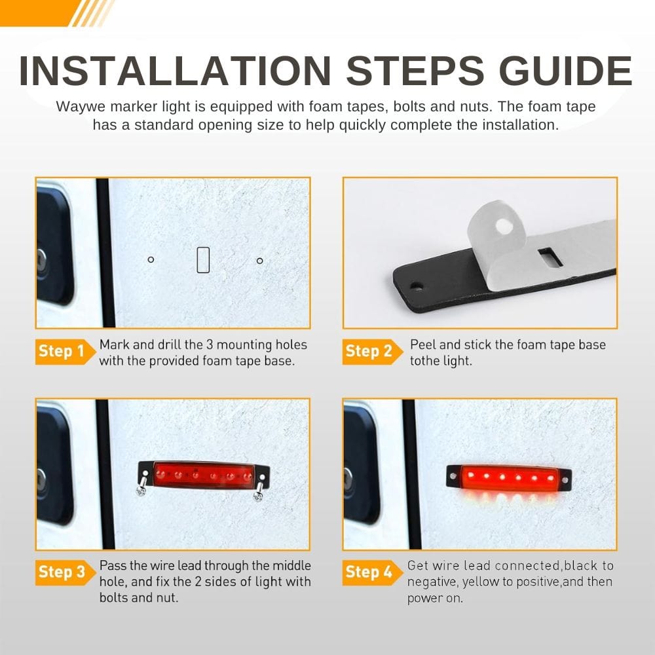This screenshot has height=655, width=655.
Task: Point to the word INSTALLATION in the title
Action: (x=176, y=71)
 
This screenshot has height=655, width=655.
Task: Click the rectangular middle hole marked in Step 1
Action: (x=203, y=260)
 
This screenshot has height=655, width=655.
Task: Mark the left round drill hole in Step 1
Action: (x=151, y=259)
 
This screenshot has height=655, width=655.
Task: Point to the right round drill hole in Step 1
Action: (x=260, y=261)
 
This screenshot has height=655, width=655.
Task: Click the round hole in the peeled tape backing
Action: (x=503, y=227)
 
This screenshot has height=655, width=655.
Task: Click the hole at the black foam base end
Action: (x=417, y=287)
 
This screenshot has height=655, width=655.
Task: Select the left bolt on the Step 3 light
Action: (x=142, y=486)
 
